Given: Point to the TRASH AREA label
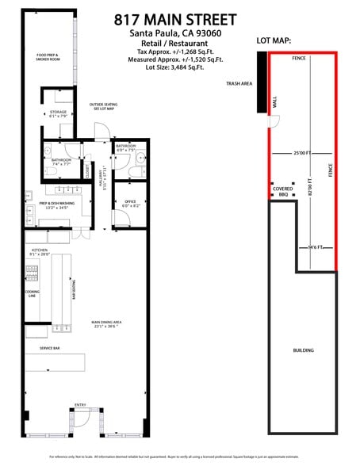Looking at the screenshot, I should click(239, 82).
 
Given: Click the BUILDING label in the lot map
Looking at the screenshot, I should click(304, 349).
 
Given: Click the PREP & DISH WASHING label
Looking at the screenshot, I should click(58, 205).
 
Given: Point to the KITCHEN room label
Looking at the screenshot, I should click(40, 253).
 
